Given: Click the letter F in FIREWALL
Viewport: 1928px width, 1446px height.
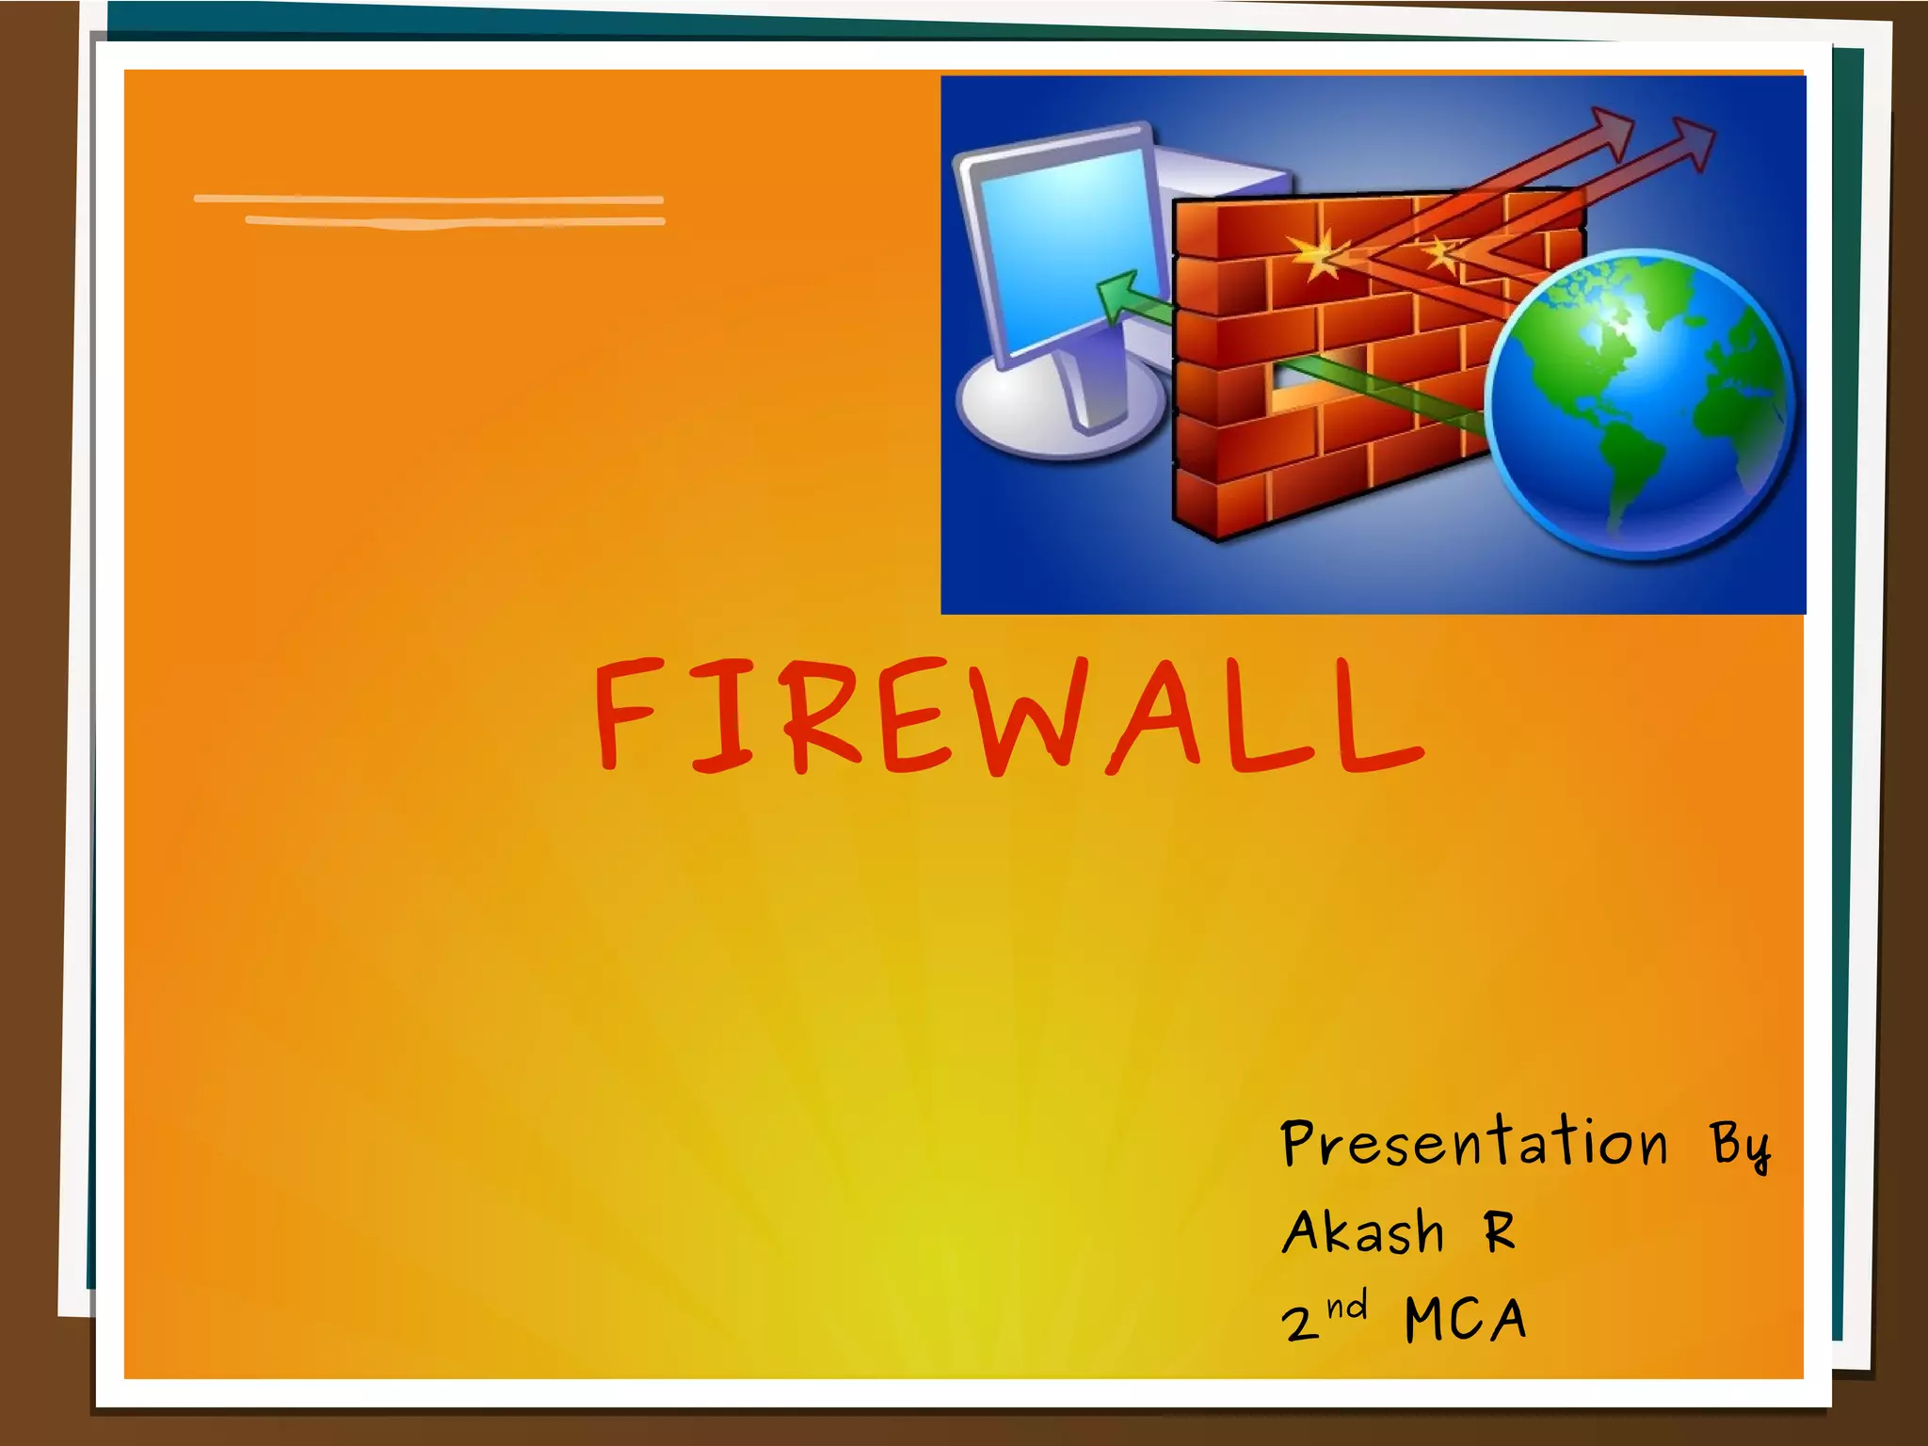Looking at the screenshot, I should click(625, 713).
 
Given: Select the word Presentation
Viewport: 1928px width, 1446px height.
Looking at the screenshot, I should click(1474, 1144).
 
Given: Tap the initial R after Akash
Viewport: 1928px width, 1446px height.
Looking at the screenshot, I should click(1500, 1230).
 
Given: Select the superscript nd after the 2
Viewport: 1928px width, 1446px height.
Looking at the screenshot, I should click(1347, 1307).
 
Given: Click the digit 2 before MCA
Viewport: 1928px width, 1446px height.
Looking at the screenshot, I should click(1300, 1322).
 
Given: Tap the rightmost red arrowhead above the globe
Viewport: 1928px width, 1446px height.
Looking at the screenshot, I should click(1691, 141).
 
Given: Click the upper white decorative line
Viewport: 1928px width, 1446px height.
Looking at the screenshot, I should click(428, 200).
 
